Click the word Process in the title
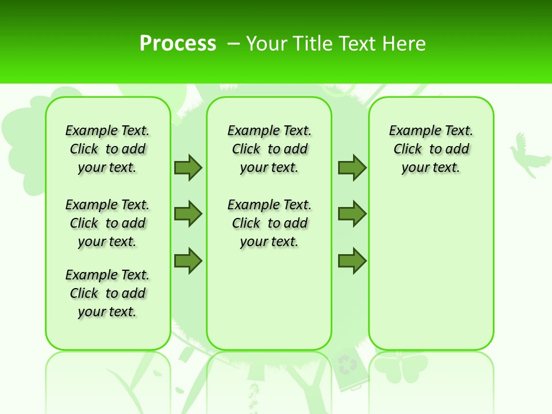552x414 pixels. pos(178,43)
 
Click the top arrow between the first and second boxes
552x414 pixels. pos(188,167)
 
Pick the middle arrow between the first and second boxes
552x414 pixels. pos(188,214)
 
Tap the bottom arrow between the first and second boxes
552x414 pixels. pos(188,260)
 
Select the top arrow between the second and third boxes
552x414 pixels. pos(352,167)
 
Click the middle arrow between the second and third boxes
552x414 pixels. pos(352,214)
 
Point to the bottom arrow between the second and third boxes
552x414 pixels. pos(352,260)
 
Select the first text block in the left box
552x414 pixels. pos(108,149)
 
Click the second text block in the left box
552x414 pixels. pos(108,223)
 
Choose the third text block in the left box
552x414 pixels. pos(108,293)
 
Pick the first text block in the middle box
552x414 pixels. pos(269,149)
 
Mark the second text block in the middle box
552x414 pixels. pos(269,223)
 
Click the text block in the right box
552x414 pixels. pos(431,149)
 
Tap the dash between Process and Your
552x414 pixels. pos(234,43)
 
